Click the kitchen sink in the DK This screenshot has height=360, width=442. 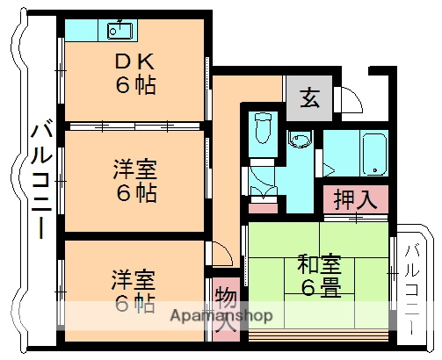click(x=120, y=31)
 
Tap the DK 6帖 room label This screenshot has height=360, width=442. click(x=134, y=74)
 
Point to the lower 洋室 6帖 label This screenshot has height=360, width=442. click(x=134, y=291)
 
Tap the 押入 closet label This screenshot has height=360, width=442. click(x=355, y=198)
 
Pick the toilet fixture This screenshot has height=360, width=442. click(x=262, y=132)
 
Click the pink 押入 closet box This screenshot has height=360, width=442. click(x=355, y=199)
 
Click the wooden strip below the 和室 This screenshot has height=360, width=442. click(x=318, y=335)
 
